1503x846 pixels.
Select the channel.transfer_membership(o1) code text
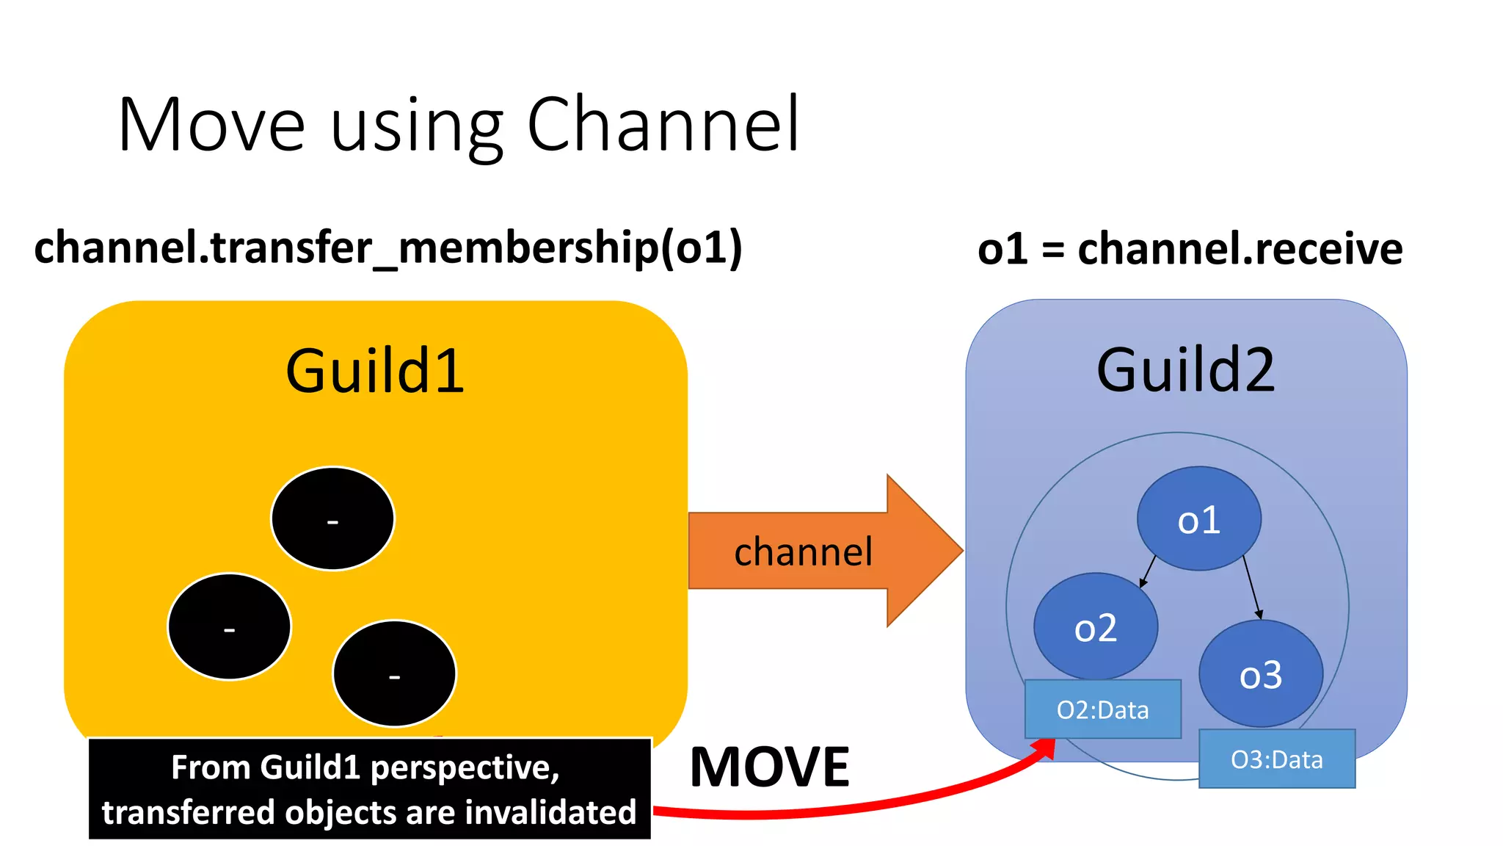click(388, 247)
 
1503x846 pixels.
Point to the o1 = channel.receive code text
click(1190, 249)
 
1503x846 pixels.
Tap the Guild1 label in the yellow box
click(375, 371)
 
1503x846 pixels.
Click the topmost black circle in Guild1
click(332, 518)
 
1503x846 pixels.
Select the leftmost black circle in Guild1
click(229, 626)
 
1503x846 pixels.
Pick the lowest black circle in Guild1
click(394, 673)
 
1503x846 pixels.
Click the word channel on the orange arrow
click(803, 552)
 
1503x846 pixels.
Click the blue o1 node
click(1198, 519)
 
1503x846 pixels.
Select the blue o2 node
click(1095, 626)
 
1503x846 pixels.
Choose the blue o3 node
click(1260, 673)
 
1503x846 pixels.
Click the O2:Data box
click(1102, 709)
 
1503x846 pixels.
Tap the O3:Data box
click(1276, 759)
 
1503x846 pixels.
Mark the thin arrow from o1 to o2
click(1148, 571)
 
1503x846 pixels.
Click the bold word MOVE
click(769, 767)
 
